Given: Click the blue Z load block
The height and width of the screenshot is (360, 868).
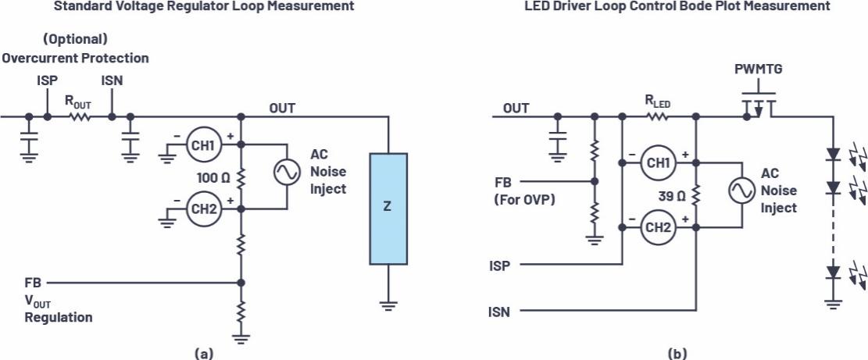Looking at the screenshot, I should (x=388, y=208).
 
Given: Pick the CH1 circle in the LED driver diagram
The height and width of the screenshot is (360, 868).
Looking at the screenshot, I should (x=657, y=162).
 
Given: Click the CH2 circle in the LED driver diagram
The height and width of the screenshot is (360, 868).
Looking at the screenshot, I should (x=657, y=227).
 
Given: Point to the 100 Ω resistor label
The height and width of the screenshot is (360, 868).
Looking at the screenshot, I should (x=214, y=178).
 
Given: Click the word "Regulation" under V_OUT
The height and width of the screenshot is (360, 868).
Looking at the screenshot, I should (x=58, y=318).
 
